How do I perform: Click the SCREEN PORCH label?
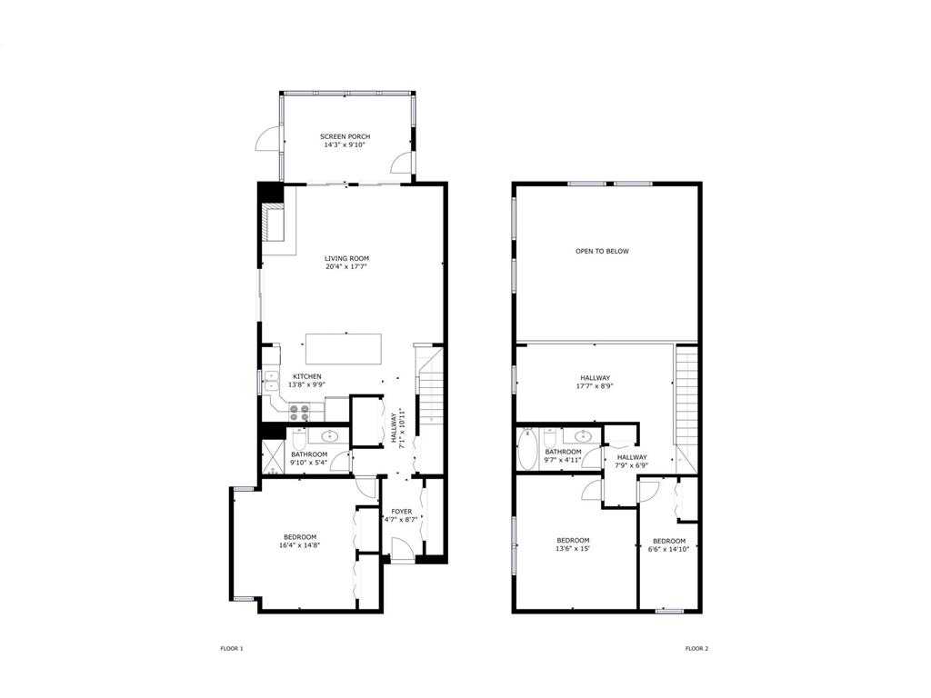pyautogui.click(x=345, y=136)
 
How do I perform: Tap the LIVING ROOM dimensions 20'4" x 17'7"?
pyautogui.click(x=346, y=267)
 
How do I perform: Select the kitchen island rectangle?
pyautogui.click(x=344, y=349)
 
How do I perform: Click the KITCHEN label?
pyautogui.click(x=307, y=376)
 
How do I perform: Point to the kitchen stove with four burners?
pyautogui.click(x=299, y=413)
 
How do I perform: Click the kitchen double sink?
pyautogui.click(x=271, y=381)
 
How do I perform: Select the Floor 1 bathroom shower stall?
pyautogui.click(x=273, y=456)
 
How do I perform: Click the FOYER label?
pyautogui.click(x=401, y=511)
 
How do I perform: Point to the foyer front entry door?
pyautogui.click(x=402, y=549)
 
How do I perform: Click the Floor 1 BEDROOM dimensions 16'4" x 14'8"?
pyautogui.click(x=300, y=545)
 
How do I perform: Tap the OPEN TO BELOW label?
pyautogui.click(x=602, y=251)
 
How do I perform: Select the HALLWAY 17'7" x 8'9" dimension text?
pyautogui.click(x=595, y=385)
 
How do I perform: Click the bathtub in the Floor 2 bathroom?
pyautogui.click(x=526, y=449)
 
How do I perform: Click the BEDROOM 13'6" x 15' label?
pyautogui.click(x=573, y=544)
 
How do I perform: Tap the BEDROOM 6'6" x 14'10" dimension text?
pyautogui.click(x=669, y=550)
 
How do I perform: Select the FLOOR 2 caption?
pyautogui.click(x=696, y=649)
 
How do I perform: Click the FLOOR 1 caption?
pyautogui.click(x=232, y=649)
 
